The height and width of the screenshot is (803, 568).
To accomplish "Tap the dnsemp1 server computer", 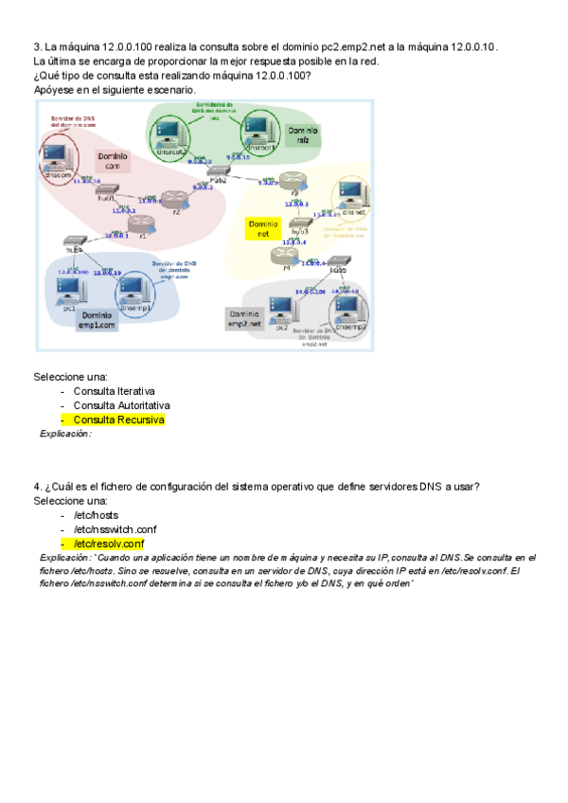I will [x=132, y=288].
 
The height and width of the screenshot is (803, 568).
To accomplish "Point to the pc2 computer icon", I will [x=281, y=309].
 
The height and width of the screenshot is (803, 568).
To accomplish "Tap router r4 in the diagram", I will [x=281, y=254].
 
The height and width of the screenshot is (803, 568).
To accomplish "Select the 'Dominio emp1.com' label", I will [x=97, y=319].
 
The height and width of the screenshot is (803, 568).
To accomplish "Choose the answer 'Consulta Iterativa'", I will [x=115, y=390].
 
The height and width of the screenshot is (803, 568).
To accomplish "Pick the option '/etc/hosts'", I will [x=98, y=515].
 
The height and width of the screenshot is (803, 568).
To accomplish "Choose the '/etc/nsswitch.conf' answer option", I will [x=115, y=529].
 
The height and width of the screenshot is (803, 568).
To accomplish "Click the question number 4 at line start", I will [x=36, y=487].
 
